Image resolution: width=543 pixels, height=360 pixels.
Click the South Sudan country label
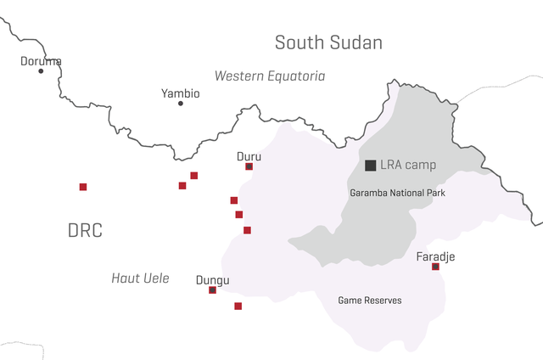tap(328, 42)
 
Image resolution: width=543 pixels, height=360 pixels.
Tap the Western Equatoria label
tap(269, 76)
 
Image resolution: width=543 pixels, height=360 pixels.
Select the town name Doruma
tap(41, 61)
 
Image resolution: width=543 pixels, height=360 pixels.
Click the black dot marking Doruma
tap(41, 70)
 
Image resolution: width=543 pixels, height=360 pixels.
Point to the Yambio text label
tap(180, 93)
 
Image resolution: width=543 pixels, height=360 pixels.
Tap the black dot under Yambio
tap(180, 103)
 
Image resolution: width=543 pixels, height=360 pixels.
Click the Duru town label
tap(249, 157)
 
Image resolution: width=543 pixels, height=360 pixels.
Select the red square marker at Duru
tap(249, 166)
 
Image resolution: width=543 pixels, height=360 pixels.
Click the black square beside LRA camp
tap(370, 165)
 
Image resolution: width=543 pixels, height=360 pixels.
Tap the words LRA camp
tap(408, 165)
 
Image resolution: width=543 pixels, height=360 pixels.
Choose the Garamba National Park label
tap(397, 194)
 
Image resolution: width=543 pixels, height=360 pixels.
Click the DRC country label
tap(85, 230)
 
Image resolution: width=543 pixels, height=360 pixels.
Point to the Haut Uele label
tap(140, 278)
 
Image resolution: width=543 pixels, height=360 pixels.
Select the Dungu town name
tap(212, 280)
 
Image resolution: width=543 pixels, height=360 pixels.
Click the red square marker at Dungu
tap(212, 290)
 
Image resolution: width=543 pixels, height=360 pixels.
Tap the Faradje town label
tap(435, 256)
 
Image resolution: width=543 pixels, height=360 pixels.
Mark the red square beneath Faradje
tap(435, 267)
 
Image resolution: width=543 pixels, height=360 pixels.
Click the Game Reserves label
tap(370, 301)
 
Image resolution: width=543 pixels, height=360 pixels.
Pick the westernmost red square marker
tap(83, 187)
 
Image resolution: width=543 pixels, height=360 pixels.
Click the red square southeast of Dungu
tap(238, 306)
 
